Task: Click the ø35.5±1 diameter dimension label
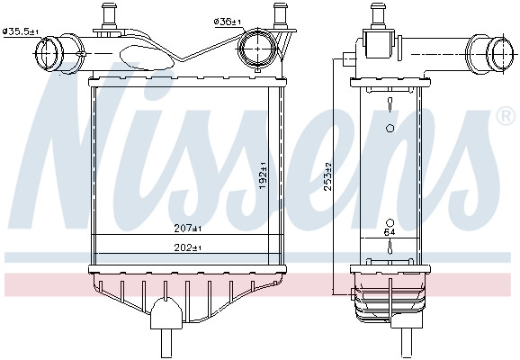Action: pyautogui.click(x=21, y=31)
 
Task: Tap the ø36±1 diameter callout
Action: pyautogui.click(x=228, y=22)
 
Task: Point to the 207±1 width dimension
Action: pyautogui.click(x=188, y=229)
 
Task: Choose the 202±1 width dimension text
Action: pyautogui.click(x=188, y=247)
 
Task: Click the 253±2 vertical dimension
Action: pyautogui.click(x=328, y=176)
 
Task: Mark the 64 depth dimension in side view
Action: pyautogui.click(x=390, y=232)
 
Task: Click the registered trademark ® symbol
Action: pyautogui.click(x=506, y=116)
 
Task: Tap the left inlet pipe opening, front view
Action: pyautogui.click(x=49, y=54)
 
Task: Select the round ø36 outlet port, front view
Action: pyautogui.click(x=258, y=49)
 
